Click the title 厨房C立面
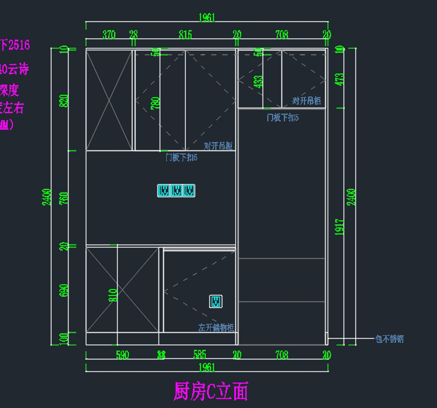211,391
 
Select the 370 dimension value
109,35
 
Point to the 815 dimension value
185,35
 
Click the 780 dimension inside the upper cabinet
155,104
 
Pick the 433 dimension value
258,82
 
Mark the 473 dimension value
340,79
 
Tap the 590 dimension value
122,355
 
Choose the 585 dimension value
200,354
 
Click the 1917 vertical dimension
340,226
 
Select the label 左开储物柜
216,327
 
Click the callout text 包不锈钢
389,339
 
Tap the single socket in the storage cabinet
216,302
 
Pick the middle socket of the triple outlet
176,191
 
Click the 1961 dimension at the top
207,18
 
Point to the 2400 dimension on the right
351,197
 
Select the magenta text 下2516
15,45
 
